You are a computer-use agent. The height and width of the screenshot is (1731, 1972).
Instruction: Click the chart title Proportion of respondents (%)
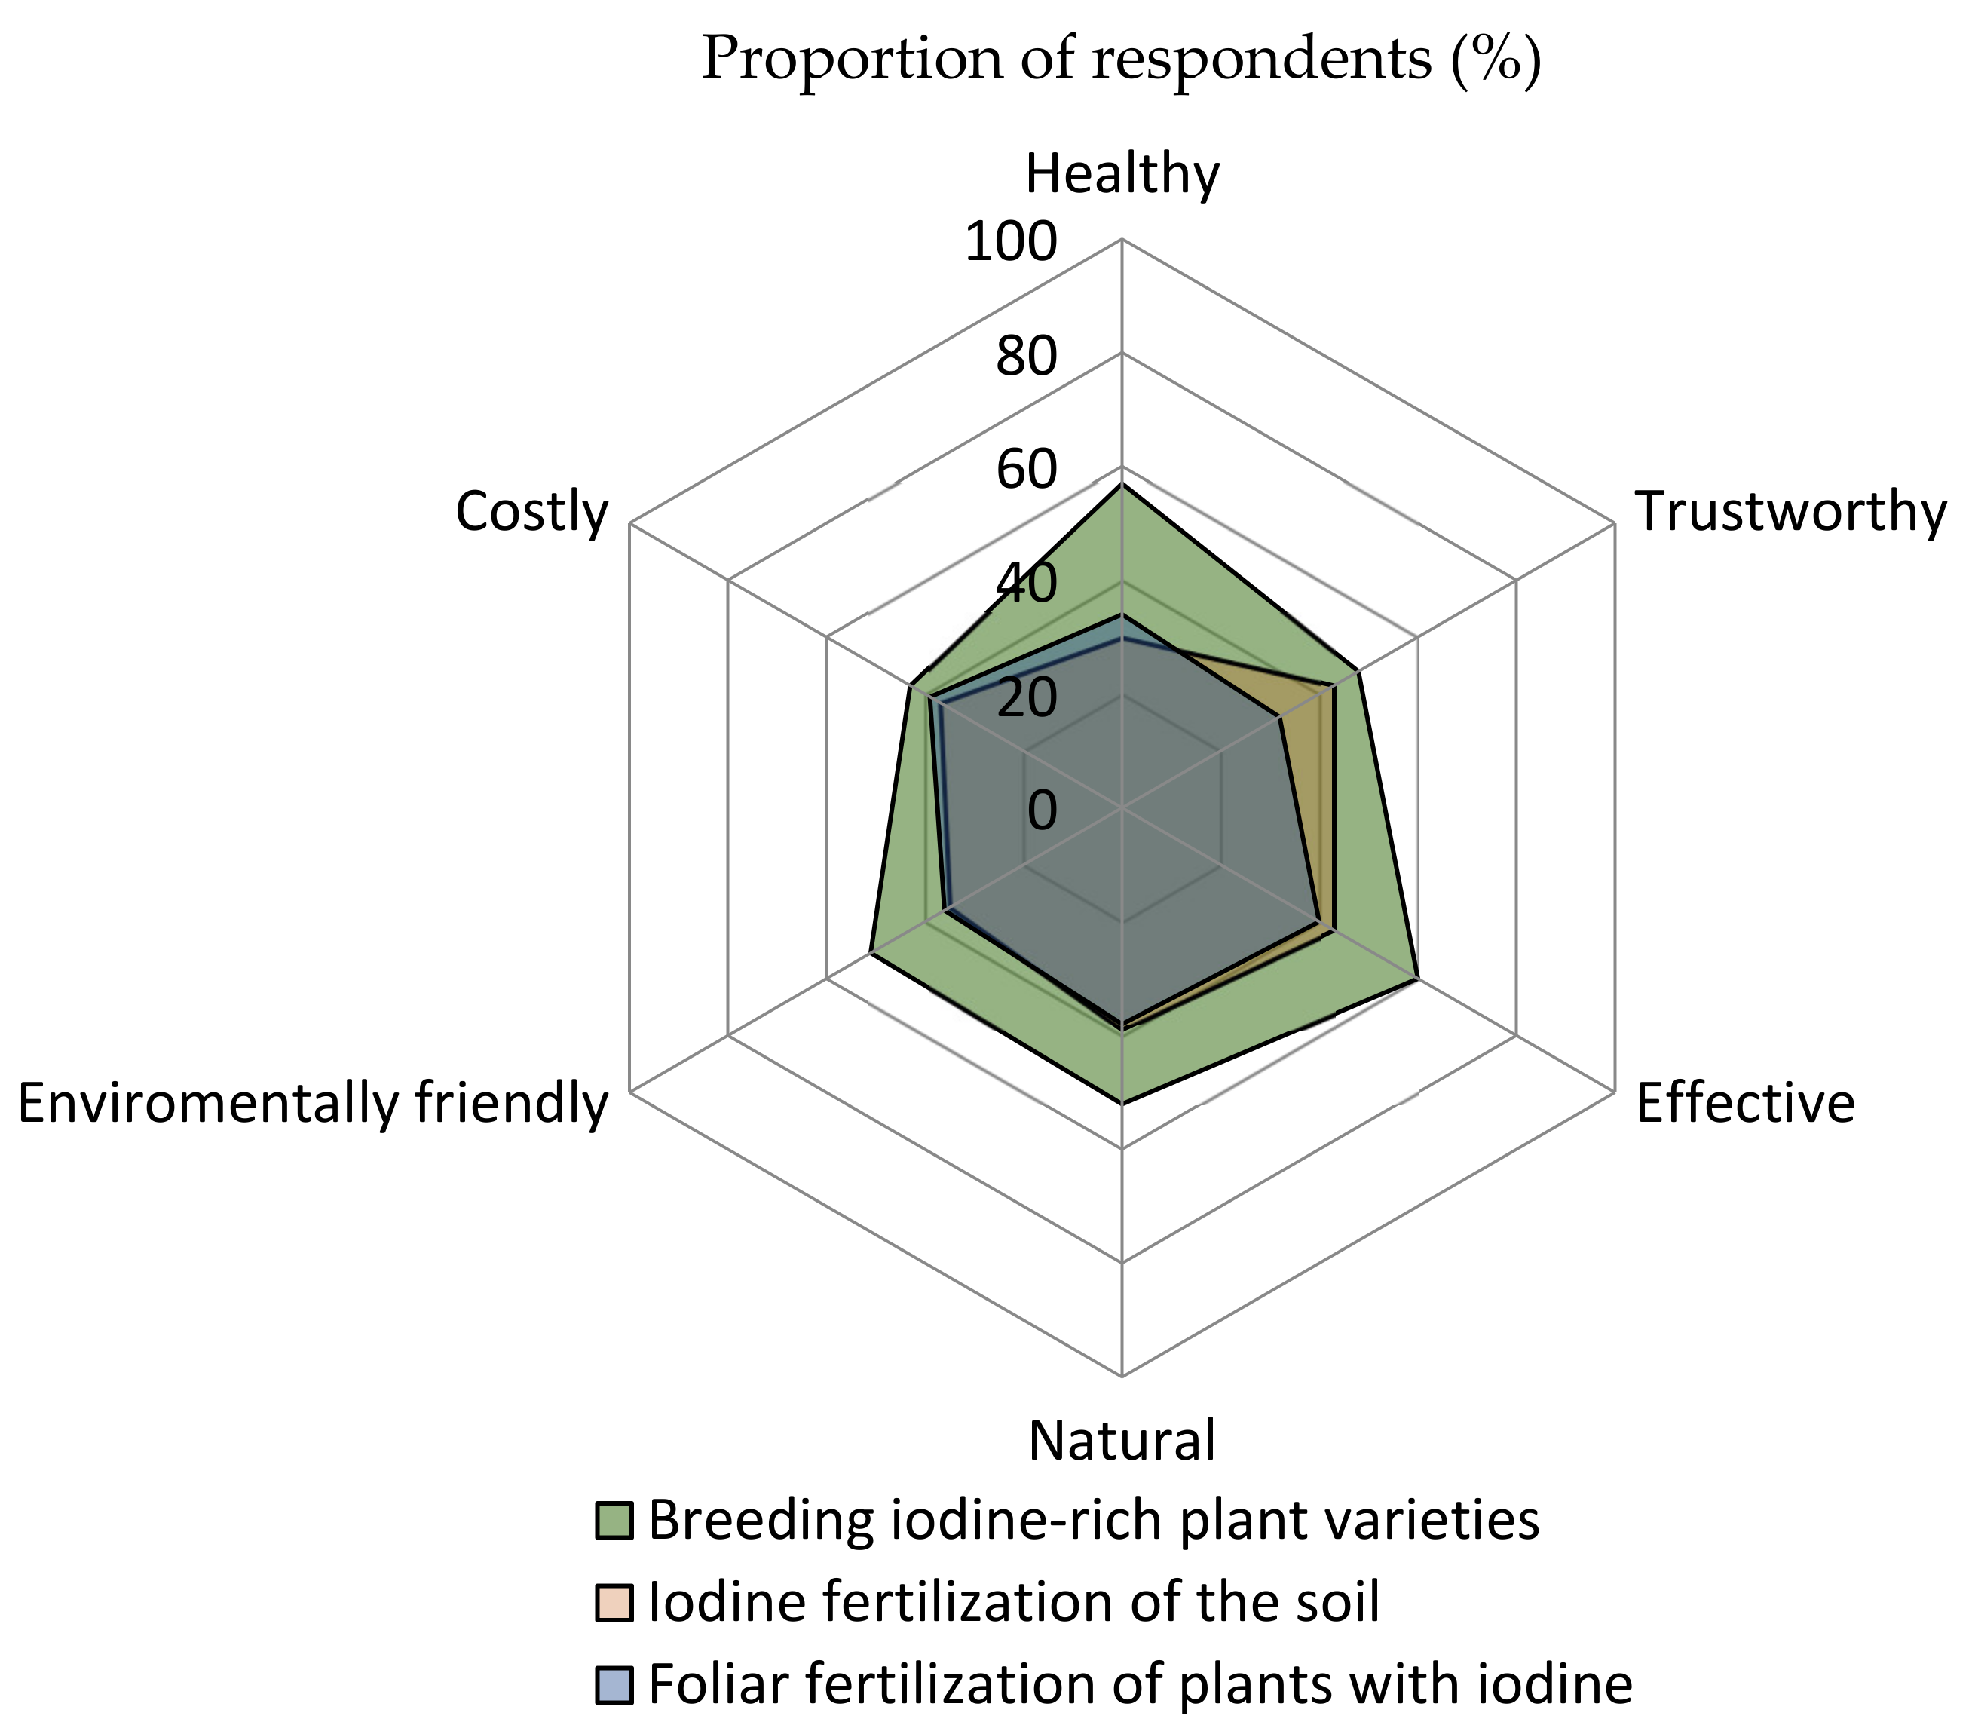coord(1121,60)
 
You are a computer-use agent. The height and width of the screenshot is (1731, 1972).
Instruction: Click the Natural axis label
coord(1121,1441)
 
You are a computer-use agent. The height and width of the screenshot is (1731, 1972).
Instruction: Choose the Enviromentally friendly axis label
coord(314,1104)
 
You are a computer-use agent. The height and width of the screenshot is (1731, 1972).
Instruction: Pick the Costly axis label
coord(531,513)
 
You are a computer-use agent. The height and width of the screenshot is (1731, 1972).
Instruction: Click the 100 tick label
coord(1010,242)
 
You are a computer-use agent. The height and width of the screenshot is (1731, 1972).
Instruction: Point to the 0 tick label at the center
coord(1042,810)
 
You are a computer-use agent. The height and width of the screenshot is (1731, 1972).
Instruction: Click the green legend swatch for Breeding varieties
coord(614,1521)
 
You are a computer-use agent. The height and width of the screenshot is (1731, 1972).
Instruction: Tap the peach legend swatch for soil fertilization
coord(614,1604)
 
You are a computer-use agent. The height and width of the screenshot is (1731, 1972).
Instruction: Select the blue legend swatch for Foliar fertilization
coord(614,1686)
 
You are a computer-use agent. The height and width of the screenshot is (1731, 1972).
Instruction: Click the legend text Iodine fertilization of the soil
coord(1014,1604)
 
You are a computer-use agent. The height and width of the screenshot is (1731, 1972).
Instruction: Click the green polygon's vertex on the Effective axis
coord(1416,979)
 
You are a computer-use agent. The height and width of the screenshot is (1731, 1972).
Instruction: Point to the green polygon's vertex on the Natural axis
coord(1121,1102)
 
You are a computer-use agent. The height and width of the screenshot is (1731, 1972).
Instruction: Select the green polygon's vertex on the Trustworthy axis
coord(1358,672)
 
